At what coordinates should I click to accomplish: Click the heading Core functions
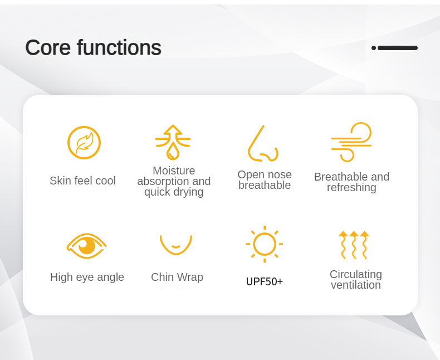point(93,48)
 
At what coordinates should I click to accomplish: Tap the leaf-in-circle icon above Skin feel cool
point(84,143)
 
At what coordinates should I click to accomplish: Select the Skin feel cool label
point(82,181)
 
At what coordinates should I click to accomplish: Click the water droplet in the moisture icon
point(173,150)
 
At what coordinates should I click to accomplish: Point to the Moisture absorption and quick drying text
point(174,182)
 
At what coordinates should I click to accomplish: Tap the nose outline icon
point(262,144)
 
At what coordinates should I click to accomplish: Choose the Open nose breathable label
point(265,180)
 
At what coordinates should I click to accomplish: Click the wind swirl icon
point(351,142)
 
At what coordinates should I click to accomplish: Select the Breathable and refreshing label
point(351,182)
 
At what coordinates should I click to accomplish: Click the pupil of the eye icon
point(86,245)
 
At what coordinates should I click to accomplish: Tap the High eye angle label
point(87,277)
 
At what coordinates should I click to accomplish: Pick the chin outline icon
point(176,244)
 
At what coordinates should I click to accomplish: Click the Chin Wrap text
point(177,277)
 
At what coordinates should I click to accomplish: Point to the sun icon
point(265,244)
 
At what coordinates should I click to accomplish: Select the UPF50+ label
point(265,281)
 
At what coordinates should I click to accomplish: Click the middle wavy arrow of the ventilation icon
point(354,245)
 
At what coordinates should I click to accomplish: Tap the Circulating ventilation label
point(356,280)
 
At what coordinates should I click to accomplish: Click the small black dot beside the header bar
point(374,48)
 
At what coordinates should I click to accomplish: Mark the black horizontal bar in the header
point(398,48)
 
